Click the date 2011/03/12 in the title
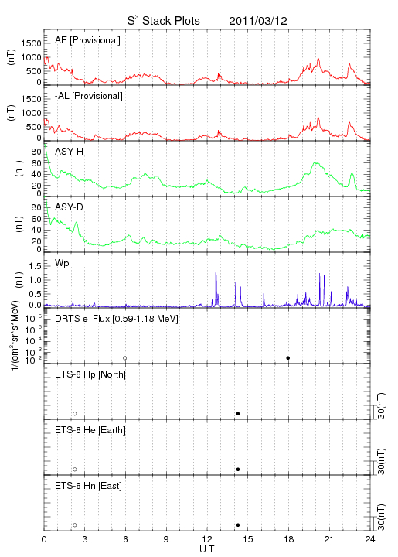coord(258,21)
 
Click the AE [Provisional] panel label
coord(87,40)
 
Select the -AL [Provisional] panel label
coord(89,96)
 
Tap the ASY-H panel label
coord(70,152)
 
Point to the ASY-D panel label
coord(70,207)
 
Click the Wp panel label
coord(62,263)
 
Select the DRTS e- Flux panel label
coord(117,319)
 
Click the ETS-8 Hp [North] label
coord(90,374)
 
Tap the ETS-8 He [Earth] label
coord(90,430)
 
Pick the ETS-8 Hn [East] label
coord(88,486)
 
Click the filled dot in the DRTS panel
coord(288,358)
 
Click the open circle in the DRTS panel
coord(125,358)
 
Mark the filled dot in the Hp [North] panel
coord(238,413)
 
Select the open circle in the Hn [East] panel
coord(75,525)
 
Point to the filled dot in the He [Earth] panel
coord(238,470)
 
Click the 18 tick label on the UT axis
coord(289,539)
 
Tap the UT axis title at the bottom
coord(207,549)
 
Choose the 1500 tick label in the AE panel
coord(31,43)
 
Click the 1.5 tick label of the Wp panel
coord(36,266)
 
